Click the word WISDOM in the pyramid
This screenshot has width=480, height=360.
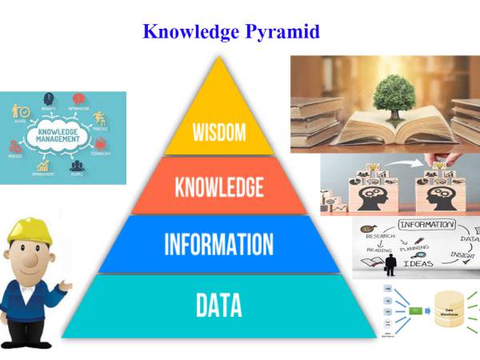tap(218, 131)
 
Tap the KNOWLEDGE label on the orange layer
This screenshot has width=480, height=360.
tap(218, 187)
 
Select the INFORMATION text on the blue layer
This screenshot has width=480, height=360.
tap(218, 244)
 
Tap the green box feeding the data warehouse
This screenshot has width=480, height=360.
tap(416, 310)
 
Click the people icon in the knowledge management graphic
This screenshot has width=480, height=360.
tap(77, 167)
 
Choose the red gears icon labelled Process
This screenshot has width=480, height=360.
tap(15, 147)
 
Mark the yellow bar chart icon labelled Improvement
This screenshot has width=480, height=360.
tap(42, 166)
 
